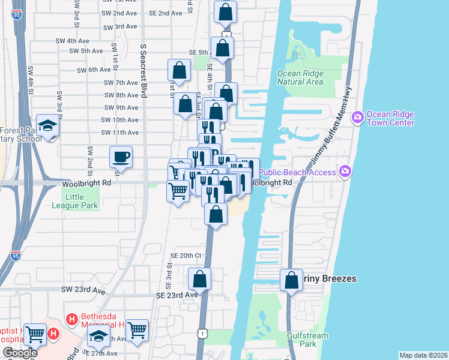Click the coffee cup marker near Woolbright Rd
(121, 157)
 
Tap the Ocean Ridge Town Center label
(390, 118)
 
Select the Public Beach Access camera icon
(345, 172)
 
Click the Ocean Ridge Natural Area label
(300, 78)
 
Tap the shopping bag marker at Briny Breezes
(291, 280)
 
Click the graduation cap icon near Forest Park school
(47, 125)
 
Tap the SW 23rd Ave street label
(83, 289)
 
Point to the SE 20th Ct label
(184, 255)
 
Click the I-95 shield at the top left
(19, 14)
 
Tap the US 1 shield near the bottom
(203, 332)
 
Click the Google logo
(20, 353)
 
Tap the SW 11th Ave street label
(121, 133)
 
